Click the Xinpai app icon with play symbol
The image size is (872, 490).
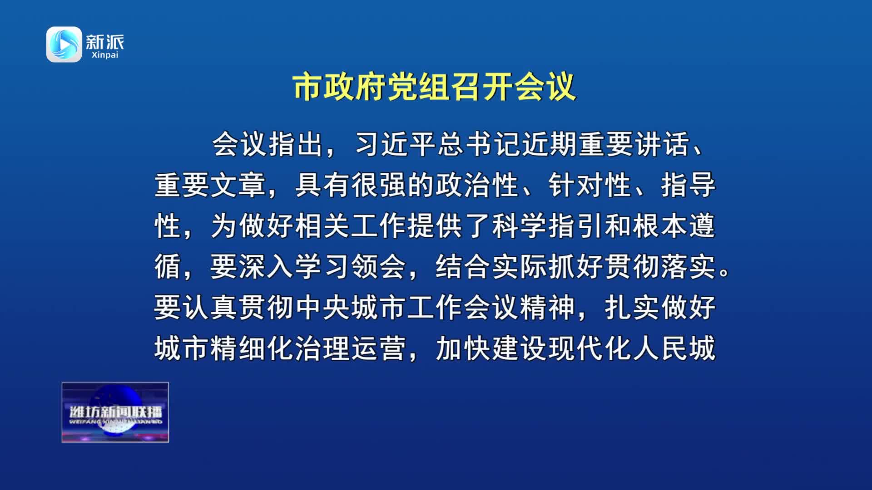64,44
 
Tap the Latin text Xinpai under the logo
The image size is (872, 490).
104,55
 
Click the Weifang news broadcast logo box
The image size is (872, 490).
115,412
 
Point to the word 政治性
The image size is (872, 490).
477,185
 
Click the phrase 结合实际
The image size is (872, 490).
491,267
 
